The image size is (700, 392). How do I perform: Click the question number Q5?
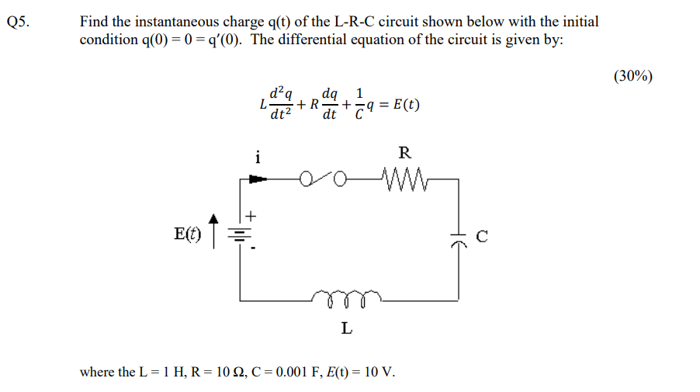[x=17, y=22]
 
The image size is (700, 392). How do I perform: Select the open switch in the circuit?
[x=323, y=182]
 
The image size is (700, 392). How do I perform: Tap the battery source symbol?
[x=241, y=233]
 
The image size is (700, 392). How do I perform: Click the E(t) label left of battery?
[x=187, y=234]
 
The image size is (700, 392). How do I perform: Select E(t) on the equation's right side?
[x=405, y=106]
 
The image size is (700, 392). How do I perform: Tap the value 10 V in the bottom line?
[x=379, y=372]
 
